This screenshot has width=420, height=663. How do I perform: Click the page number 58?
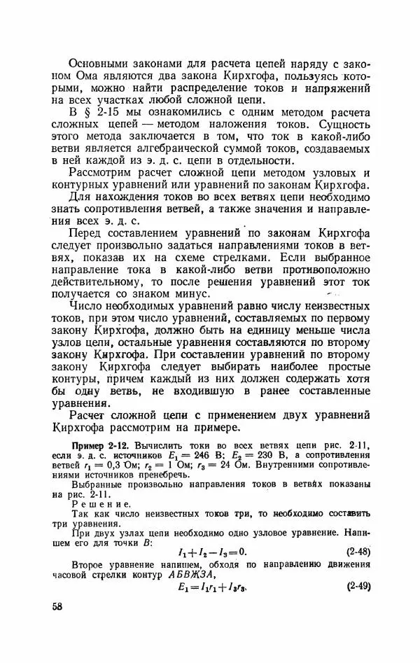coord(57,606)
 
